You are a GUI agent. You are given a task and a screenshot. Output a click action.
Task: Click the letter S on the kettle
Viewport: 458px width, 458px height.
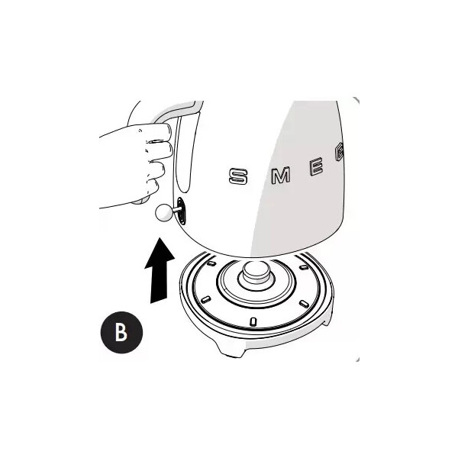pos(238,177)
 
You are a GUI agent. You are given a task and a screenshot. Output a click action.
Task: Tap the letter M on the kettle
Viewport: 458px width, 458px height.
pos(281,176)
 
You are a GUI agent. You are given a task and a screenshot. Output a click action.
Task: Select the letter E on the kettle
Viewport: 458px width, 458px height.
pos(316,166)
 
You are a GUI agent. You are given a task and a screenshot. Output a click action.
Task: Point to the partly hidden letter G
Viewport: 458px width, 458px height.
pos(339,152)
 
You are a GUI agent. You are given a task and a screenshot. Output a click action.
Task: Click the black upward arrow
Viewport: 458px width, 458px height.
pos(160,270)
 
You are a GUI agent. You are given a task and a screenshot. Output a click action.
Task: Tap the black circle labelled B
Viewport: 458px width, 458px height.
pos(121,332)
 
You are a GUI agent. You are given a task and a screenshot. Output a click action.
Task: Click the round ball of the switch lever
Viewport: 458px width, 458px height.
pos(164,212)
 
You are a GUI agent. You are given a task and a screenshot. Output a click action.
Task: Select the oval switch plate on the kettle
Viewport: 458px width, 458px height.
pos(182,211)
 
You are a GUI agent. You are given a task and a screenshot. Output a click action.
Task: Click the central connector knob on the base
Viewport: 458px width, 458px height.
pos(256,273)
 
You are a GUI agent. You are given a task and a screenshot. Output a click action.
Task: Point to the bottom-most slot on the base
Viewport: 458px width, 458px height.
pos(253,321)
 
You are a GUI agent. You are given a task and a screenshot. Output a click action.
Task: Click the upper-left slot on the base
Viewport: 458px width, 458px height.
pos(211,263)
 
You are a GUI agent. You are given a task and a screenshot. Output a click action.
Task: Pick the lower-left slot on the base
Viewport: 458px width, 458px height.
pos(205,299)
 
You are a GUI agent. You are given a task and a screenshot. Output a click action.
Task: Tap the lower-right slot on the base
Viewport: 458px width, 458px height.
pos(304,304)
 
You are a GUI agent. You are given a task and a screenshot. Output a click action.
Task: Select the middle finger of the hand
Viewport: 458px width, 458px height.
pos(160,150)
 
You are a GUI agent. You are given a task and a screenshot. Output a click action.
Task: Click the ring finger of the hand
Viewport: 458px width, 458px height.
pos(156,169)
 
